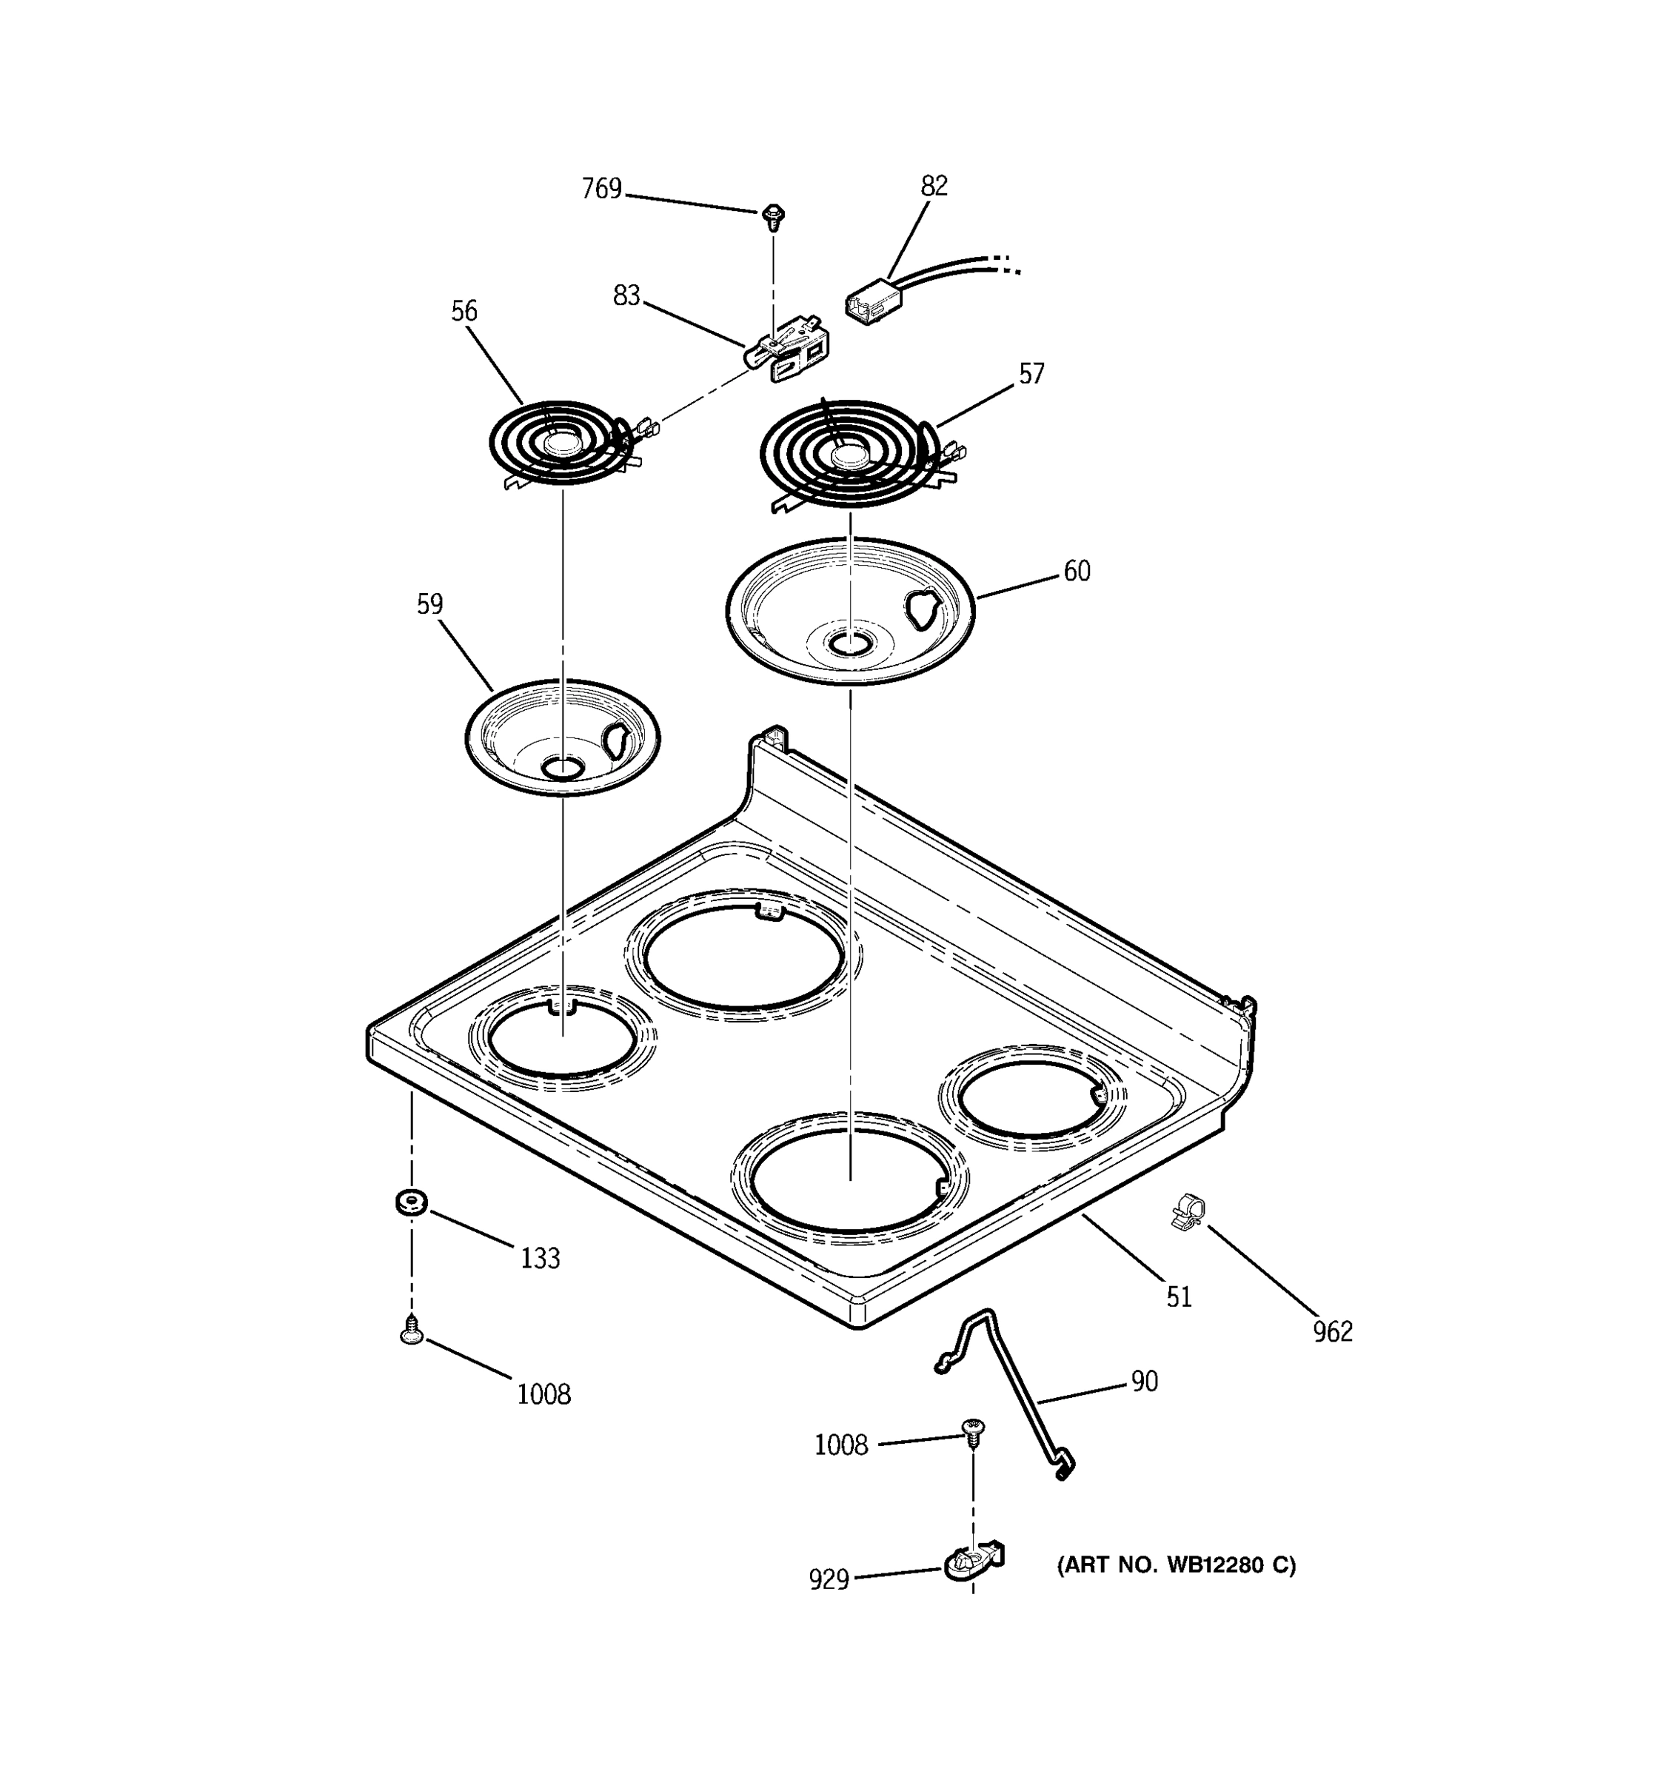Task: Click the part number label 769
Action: click(x=601, y=189)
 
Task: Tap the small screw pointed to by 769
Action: click(x=773, y=215)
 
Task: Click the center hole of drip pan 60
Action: click(x=849, y=643)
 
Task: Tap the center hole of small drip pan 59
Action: click(x=562, y=767)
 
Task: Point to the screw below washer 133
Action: click(x=411, y=1333)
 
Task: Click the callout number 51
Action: click(x=1179, y=1297)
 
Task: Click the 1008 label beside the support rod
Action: click(x=840, y=1445)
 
